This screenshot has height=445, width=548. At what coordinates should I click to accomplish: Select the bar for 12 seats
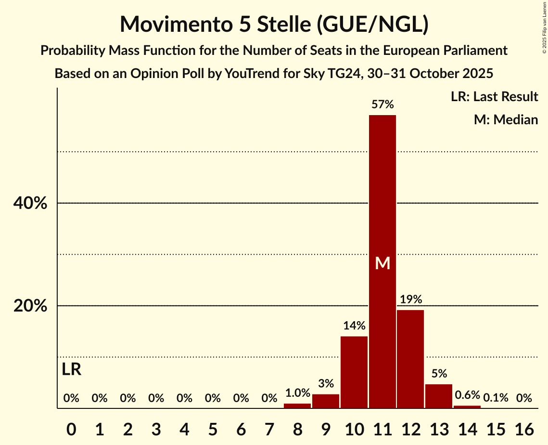click(x=410, y=359)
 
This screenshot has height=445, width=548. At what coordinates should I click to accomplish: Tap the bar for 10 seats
click(x=354, y=372)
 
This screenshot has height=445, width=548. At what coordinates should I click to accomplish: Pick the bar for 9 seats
click(x=326, y=401)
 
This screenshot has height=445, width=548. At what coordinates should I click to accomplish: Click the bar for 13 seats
click(x=439, y=396)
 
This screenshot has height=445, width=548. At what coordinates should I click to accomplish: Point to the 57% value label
click(x=382, y=105)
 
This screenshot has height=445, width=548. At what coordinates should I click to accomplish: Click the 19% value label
click(x=410, y=300)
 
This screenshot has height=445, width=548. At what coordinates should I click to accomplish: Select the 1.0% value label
click(x=297, y=393)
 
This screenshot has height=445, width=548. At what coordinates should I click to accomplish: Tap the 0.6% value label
click(x=467, y=395)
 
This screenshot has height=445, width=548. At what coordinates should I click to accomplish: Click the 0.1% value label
click(x=496, y=398)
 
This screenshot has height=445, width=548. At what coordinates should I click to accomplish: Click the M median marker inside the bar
click(x=382, y=263)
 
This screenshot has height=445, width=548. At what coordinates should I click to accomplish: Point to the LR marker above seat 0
click(x=72, y=370)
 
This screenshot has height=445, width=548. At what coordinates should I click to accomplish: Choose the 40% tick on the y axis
click(x=30, y=203)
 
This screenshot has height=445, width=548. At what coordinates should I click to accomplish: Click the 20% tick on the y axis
click(x=30, y=306)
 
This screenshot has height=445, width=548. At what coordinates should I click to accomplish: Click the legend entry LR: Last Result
click(x=494, y=97)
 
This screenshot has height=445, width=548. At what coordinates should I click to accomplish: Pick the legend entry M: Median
click(x=506, y=119)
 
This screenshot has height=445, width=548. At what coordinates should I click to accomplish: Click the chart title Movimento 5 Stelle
click(x=274, y=24)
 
